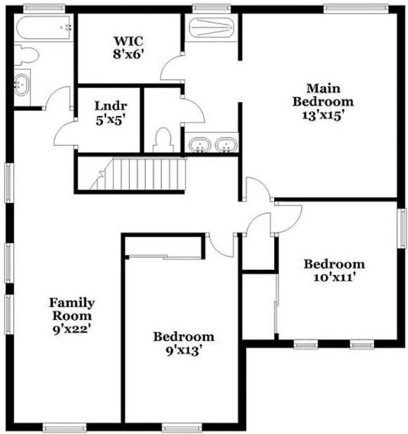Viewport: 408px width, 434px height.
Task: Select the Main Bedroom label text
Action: (x=323, y=94)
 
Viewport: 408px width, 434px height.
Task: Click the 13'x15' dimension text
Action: (x=323, y=116)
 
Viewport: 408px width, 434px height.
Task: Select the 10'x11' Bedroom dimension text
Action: (x=335, y=278)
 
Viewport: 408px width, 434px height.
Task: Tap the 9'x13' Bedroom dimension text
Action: (x=184, y=350)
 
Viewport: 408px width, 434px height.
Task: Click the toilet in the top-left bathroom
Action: (x=26, y=54)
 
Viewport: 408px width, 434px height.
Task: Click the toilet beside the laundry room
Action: (x=163, y=138)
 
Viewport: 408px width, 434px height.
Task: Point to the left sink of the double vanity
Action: (x=201, y=145)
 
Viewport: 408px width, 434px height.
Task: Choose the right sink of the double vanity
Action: (x=225, y=145)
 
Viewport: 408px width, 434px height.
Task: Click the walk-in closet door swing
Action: (x=173, y=69)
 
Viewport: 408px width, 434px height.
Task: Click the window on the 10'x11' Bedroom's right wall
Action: (x=402, y=228)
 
